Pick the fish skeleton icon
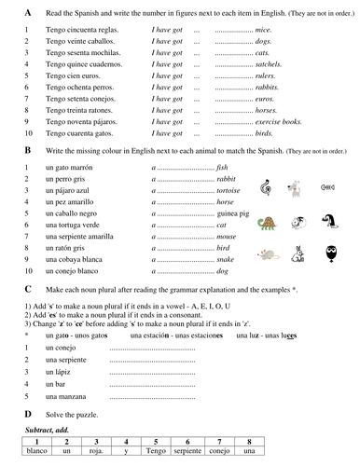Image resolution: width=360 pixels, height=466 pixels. point(328,186)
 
